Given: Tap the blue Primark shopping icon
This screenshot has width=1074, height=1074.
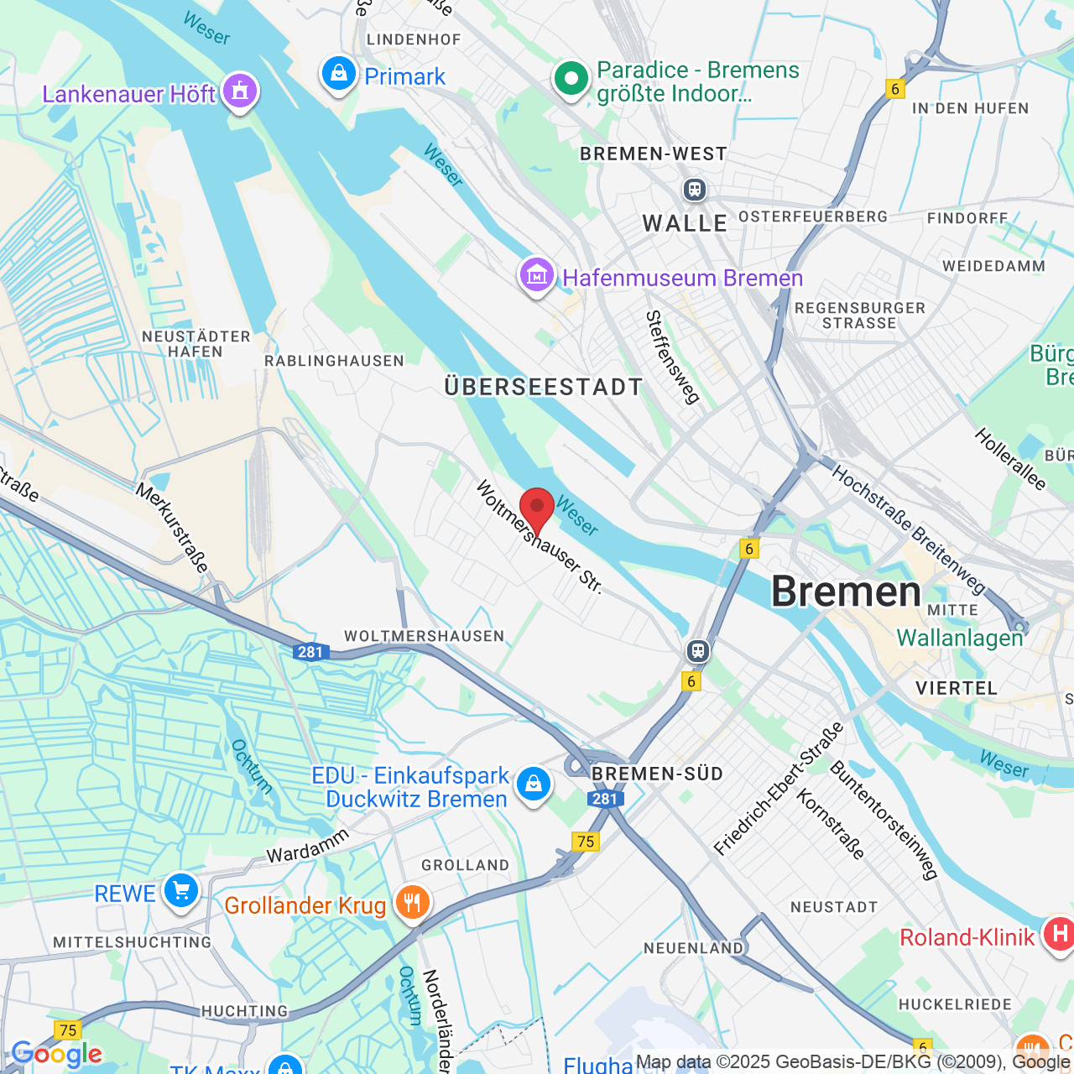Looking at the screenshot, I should [x=339, y=75].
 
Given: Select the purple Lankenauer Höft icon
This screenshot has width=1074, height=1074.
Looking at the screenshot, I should [x=240, y=91].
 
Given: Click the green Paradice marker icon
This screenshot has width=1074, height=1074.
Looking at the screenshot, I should [x=571, y=80].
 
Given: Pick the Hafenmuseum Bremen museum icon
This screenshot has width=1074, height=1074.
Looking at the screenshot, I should [x=537, y=275].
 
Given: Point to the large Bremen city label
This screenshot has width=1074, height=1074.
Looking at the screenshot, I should [x=846, y=592].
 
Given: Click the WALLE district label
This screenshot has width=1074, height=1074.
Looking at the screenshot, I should [x=685, y=223].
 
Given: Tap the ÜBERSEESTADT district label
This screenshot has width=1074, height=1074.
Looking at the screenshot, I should [x=544, y=387].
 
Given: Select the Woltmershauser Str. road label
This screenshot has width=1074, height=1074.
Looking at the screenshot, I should [x=540, y=537].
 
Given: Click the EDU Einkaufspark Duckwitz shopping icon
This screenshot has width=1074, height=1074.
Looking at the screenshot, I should [x=533, y=785].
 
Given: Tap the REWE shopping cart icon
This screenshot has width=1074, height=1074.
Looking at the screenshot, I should [x=181, y=891].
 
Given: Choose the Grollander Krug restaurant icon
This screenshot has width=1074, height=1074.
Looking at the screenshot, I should [x=412, y=904].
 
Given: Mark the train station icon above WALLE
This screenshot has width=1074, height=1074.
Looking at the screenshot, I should [x=694, y=190].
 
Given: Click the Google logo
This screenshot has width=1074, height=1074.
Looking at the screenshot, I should [x=57, y=1054].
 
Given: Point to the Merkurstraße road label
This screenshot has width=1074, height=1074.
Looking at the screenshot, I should [x=172, y=528].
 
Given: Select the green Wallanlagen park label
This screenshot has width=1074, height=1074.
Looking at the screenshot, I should [x=960, y=638].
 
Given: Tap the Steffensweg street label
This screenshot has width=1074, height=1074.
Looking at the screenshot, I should [x=672, y=357].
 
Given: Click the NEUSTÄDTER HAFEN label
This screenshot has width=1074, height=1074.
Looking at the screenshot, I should [x=196, y=344].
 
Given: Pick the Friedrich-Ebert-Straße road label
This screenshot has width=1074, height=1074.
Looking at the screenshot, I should [x=778, y=789].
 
